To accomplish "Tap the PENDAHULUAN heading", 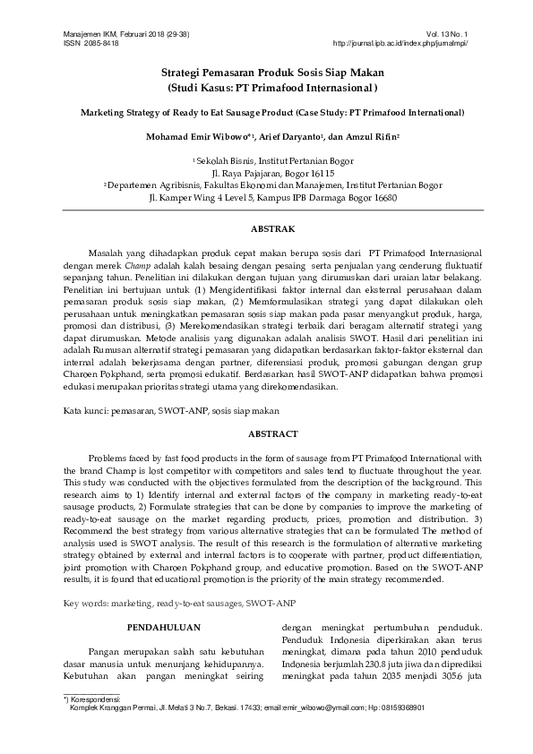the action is point(164,627).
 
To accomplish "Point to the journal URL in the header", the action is point(400,42).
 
